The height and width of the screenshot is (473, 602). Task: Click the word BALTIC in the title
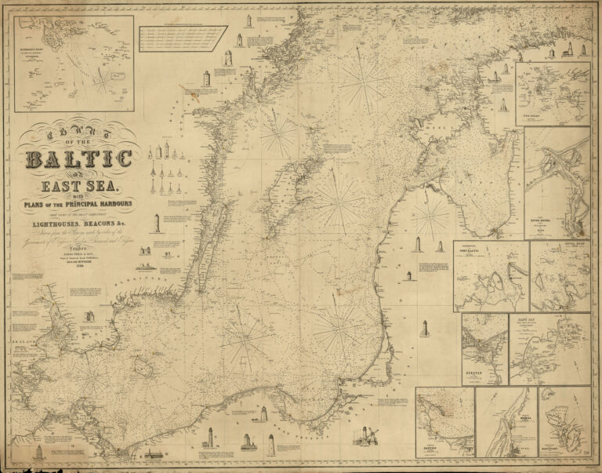[78, 160]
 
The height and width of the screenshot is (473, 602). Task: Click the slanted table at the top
[182, 37]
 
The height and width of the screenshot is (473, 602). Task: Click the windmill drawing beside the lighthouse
[372, 433]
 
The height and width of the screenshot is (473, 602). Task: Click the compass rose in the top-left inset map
[103, 79]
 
